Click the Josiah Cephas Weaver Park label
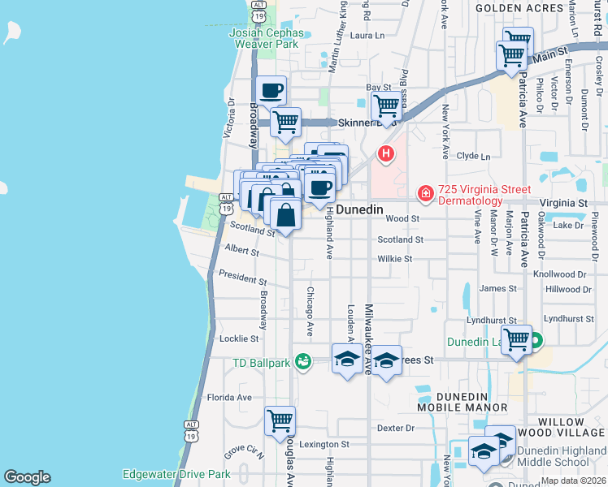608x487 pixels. click(x=267, y=40)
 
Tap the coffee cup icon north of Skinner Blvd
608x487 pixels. click(x=272, y=91)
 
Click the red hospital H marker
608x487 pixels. click(x=386, y=153)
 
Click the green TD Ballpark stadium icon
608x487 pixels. click(x=302, y=360)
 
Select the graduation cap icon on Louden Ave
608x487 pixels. click(x=347, y=359)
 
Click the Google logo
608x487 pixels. click(x=27, y=477)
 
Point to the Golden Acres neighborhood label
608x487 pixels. click(x=509, y=7)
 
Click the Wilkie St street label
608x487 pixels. click(x=395, y=259)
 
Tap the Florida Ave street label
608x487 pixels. click(x=229, y=398)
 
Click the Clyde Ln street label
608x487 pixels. click(x=474, y=156)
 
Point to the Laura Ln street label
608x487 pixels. click(x=366, y=36)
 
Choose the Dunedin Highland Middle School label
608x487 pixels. click(x=553, y=456)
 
